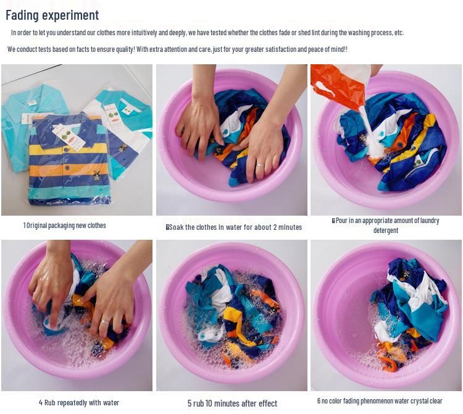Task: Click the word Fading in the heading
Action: click(22, 15)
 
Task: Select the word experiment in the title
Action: click(70, 15)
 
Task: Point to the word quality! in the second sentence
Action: click(125, 49)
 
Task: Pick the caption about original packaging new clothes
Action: click(64, 226)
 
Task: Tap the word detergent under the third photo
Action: click(386, 230)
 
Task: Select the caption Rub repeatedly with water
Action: click(79, 403)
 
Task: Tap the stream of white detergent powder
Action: click(368, 130)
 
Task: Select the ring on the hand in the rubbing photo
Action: click(106, 321)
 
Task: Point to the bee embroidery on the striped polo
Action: click(96, 175)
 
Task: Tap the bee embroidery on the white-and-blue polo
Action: click(122, 149)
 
